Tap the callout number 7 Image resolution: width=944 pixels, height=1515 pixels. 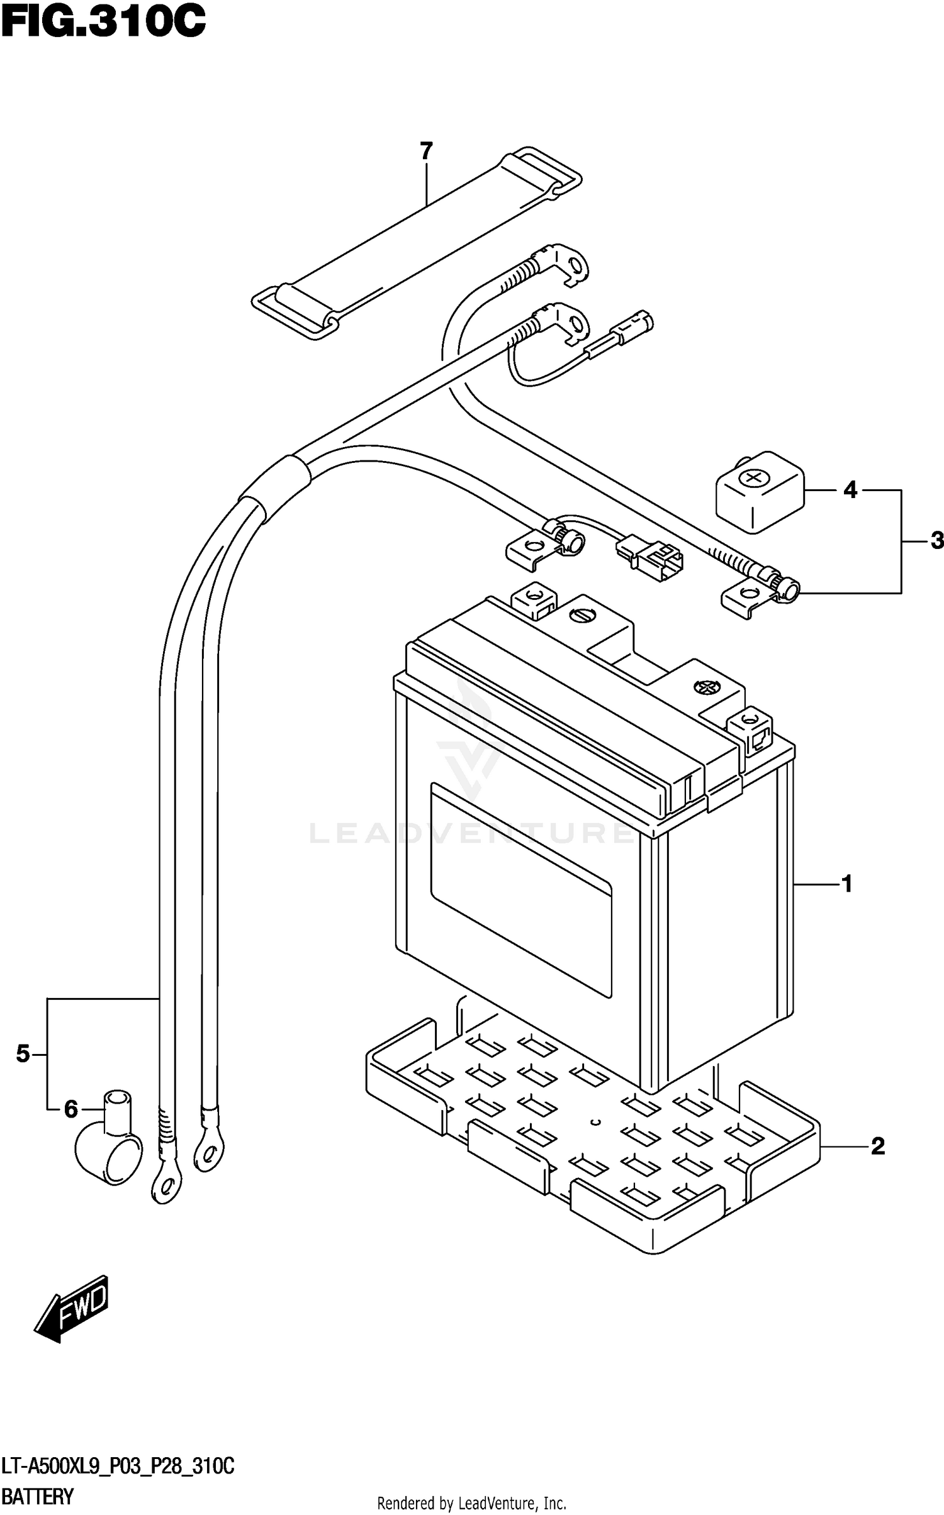426,151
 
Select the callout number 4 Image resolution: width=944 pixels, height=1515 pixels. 850,490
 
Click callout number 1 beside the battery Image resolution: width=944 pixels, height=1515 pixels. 846,884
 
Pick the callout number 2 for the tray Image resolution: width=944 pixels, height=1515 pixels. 877,1146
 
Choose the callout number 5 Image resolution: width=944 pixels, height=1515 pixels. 23,1053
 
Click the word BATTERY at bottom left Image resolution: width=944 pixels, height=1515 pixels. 38,1496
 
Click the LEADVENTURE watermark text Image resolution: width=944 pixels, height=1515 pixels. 472,833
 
